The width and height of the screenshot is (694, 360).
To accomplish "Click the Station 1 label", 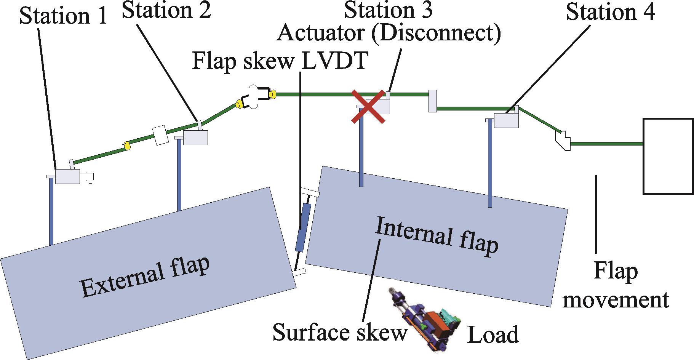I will [x=63, y=16].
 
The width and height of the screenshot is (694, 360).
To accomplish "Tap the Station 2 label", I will [x=166, y=10].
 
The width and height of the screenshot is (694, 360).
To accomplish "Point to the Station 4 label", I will [x=611, y=12].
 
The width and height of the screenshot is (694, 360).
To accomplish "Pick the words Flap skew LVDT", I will [x=280, y=61].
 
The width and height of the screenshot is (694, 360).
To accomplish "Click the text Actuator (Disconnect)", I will [x=389, y=33].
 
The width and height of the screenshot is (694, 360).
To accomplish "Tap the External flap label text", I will [x=145, y=277].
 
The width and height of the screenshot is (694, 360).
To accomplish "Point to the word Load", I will [x=493, y=334].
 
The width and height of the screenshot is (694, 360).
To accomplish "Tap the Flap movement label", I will [x=616, y=286].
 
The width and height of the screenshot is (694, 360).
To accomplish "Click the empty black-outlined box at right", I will [x=668, y=156].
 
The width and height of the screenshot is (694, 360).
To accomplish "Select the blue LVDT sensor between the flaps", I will [x=304, y=228].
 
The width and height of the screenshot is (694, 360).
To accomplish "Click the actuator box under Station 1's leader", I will [x=67, y=176].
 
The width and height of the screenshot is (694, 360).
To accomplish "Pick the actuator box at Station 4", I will [x=506, y=120].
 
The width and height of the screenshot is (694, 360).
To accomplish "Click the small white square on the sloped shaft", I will [x=160, y=136].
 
